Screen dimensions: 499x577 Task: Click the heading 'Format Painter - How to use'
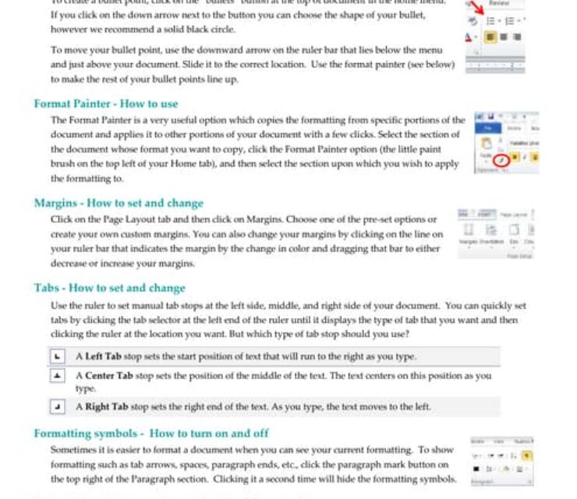(106, 104)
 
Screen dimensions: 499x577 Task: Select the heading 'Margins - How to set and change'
(119, 203)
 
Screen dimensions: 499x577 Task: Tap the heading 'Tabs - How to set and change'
(109, 288)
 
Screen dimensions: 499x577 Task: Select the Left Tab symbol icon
(57, 356)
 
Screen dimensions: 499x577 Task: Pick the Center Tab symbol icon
(57, 376)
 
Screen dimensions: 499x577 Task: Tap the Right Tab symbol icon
(57, 407)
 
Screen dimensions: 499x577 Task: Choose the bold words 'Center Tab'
(109, 376)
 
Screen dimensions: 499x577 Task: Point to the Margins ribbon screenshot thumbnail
(497, 234)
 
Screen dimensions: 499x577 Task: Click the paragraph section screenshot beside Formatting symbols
(501, 461)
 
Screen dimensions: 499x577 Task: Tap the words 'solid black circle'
(198, 29)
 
